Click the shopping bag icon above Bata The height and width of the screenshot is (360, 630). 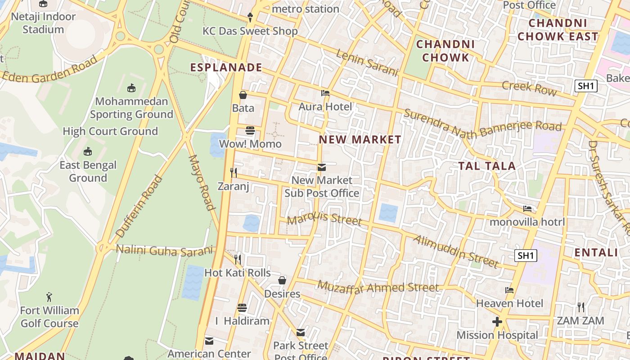pos(243,95)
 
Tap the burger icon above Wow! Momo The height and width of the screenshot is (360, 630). pos(250,131)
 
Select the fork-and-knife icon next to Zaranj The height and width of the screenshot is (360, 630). pos(233,172)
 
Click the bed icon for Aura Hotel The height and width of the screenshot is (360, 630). pos(325,93)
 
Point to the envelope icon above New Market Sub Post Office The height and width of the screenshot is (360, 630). pos(321,167)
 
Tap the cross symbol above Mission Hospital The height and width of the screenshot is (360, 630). pos(497,322)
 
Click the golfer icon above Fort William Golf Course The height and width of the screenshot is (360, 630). pos(49,297)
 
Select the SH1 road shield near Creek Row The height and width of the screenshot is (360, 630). pos(586,86)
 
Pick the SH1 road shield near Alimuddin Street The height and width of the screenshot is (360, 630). pos(526,256)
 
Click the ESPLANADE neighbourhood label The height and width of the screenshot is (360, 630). pos(226,67)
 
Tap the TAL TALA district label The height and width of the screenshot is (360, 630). pos(487,166)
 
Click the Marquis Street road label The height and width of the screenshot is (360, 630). pos(324,219)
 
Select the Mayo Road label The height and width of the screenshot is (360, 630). pos(201,183)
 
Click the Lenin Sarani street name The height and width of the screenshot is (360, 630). pos(367,63)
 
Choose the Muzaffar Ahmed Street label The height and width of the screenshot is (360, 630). pos(378,287)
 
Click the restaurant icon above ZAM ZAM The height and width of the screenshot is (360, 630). pos(581,307)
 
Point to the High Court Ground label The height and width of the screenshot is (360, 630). pos(110,131)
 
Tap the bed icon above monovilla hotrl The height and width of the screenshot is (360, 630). pos(527,209)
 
